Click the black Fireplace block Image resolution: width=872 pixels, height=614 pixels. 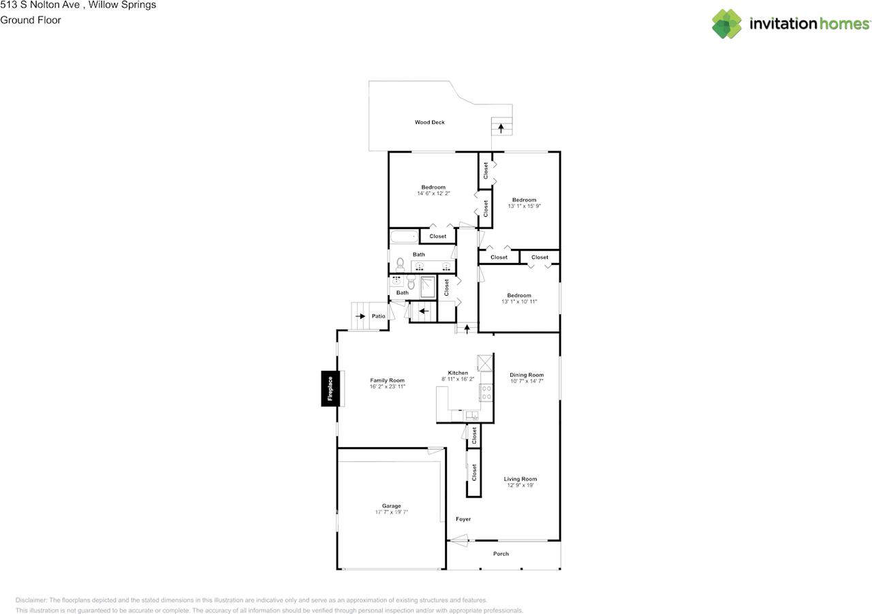click(x=330, y=388)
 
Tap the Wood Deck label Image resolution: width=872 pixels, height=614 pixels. click(x=430, y=123)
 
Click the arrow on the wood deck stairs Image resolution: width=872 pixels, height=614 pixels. click(x=501, y=127)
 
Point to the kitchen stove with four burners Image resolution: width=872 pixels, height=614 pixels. click(x=487, y=391)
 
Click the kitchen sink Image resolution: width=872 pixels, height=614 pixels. click(x=471, y=414)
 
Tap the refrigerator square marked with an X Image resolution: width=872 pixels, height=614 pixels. click(x=485, y=362)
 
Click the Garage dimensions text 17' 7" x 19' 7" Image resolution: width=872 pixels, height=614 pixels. click(x=391, y=512)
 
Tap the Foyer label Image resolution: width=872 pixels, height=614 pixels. click(x=463, y=519)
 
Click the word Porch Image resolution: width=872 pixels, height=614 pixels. click(x=501, y=554)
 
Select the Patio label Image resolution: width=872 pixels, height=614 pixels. click(x=379, y=316)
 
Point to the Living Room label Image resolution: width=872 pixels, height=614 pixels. click(x=520, y=479)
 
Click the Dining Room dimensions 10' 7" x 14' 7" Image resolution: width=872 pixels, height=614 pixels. click(x=527, y=382)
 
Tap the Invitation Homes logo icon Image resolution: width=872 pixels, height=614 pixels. click(x=727, y=24)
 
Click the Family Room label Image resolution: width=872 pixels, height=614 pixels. click(x=387, y=380)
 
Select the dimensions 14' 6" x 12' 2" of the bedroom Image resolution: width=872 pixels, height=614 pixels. click(x=433, y=194)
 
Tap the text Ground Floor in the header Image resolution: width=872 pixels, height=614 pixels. click(x=31, y=20)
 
